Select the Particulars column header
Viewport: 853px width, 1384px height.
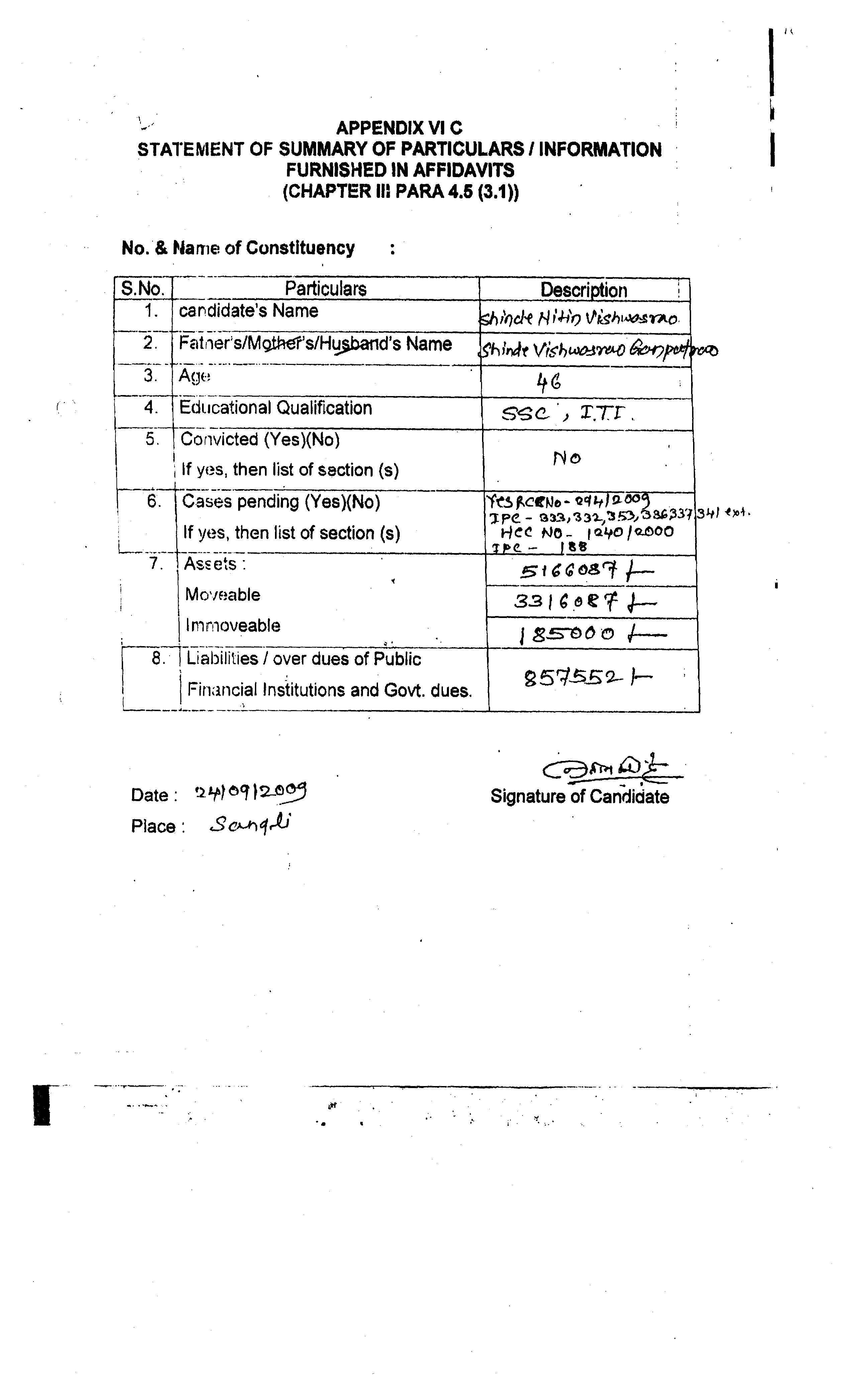point(325,289)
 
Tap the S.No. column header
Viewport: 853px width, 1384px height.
point(143,289)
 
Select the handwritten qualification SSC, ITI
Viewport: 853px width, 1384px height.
point(567,415)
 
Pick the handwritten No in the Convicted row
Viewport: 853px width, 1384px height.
point(566,458)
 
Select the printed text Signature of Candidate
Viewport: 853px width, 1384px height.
point(579,796)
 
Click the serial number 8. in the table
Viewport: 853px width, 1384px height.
point(159,658)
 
